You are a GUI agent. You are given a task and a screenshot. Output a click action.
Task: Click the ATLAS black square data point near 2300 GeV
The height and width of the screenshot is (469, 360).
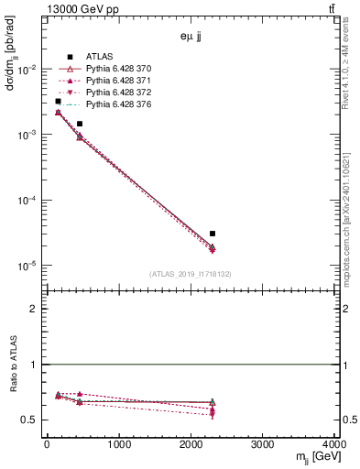[x=213, y=234]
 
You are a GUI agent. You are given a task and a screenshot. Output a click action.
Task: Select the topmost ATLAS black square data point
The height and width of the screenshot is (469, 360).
[x=58, y=102]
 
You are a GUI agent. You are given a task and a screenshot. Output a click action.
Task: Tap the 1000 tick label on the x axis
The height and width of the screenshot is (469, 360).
[x=118, y=444]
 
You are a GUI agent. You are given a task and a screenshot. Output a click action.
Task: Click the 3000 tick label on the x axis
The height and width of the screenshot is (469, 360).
[x=262, y=444]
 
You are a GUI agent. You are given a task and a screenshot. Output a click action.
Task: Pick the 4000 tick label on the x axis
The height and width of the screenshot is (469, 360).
[x=333, y=444]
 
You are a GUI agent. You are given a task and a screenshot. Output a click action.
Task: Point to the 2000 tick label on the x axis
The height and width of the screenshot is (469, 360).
[x=191, y=444]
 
